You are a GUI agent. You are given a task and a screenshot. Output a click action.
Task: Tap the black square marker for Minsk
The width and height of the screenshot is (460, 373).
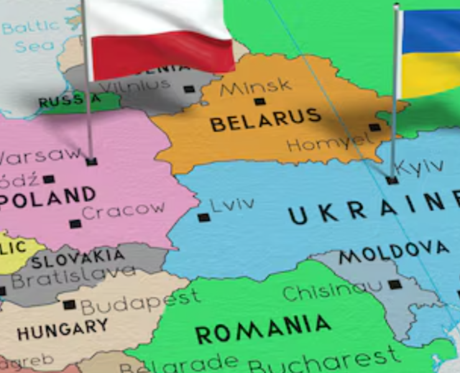[x=259, y=102]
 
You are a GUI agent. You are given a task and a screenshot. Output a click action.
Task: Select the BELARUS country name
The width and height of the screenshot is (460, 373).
[x=265, y=120]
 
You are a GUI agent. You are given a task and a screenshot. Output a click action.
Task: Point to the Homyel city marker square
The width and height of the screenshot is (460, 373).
[x=374, y=127]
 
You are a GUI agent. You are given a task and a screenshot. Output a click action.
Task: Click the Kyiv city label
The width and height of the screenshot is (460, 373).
[x=420, y=166]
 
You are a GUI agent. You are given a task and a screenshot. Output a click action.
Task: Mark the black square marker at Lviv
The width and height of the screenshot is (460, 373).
[x=203, y=218]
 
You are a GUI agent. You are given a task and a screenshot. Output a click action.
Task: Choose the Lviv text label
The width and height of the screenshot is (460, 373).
[x=232, y=204]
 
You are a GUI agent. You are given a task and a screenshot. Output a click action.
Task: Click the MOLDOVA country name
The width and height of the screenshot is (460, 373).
[x=393, y=252]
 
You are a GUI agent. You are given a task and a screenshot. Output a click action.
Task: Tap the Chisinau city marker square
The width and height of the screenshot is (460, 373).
[x=394, y=285]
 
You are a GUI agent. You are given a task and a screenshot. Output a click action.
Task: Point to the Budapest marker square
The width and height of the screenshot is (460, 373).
[x=69, y=305]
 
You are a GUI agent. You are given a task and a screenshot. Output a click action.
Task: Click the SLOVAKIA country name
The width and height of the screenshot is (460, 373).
[x=78, y=258]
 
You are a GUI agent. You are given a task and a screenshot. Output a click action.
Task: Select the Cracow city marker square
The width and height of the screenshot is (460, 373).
[x=75, y=224]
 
